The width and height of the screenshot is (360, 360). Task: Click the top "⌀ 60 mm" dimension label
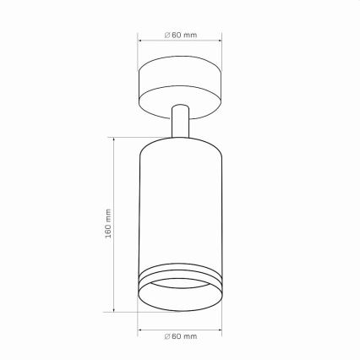click(181, 35)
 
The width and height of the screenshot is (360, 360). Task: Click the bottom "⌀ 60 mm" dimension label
click(181, 336)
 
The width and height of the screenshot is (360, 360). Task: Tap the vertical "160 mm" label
click(108, 223)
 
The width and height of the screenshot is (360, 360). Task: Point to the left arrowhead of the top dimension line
click(139, 41)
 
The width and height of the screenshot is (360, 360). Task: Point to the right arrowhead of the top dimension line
click(220, 41)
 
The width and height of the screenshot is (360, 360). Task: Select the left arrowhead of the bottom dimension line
click(139, 330)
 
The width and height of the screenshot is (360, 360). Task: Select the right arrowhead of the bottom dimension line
click(220, 330)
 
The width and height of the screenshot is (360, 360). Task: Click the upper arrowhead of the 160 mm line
click(114, 140)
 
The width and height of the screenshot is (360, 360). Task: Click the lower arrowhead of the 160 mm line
click(114, 309)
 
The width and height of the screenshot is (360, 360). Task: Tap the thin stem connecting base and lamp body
click(181, 122)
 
